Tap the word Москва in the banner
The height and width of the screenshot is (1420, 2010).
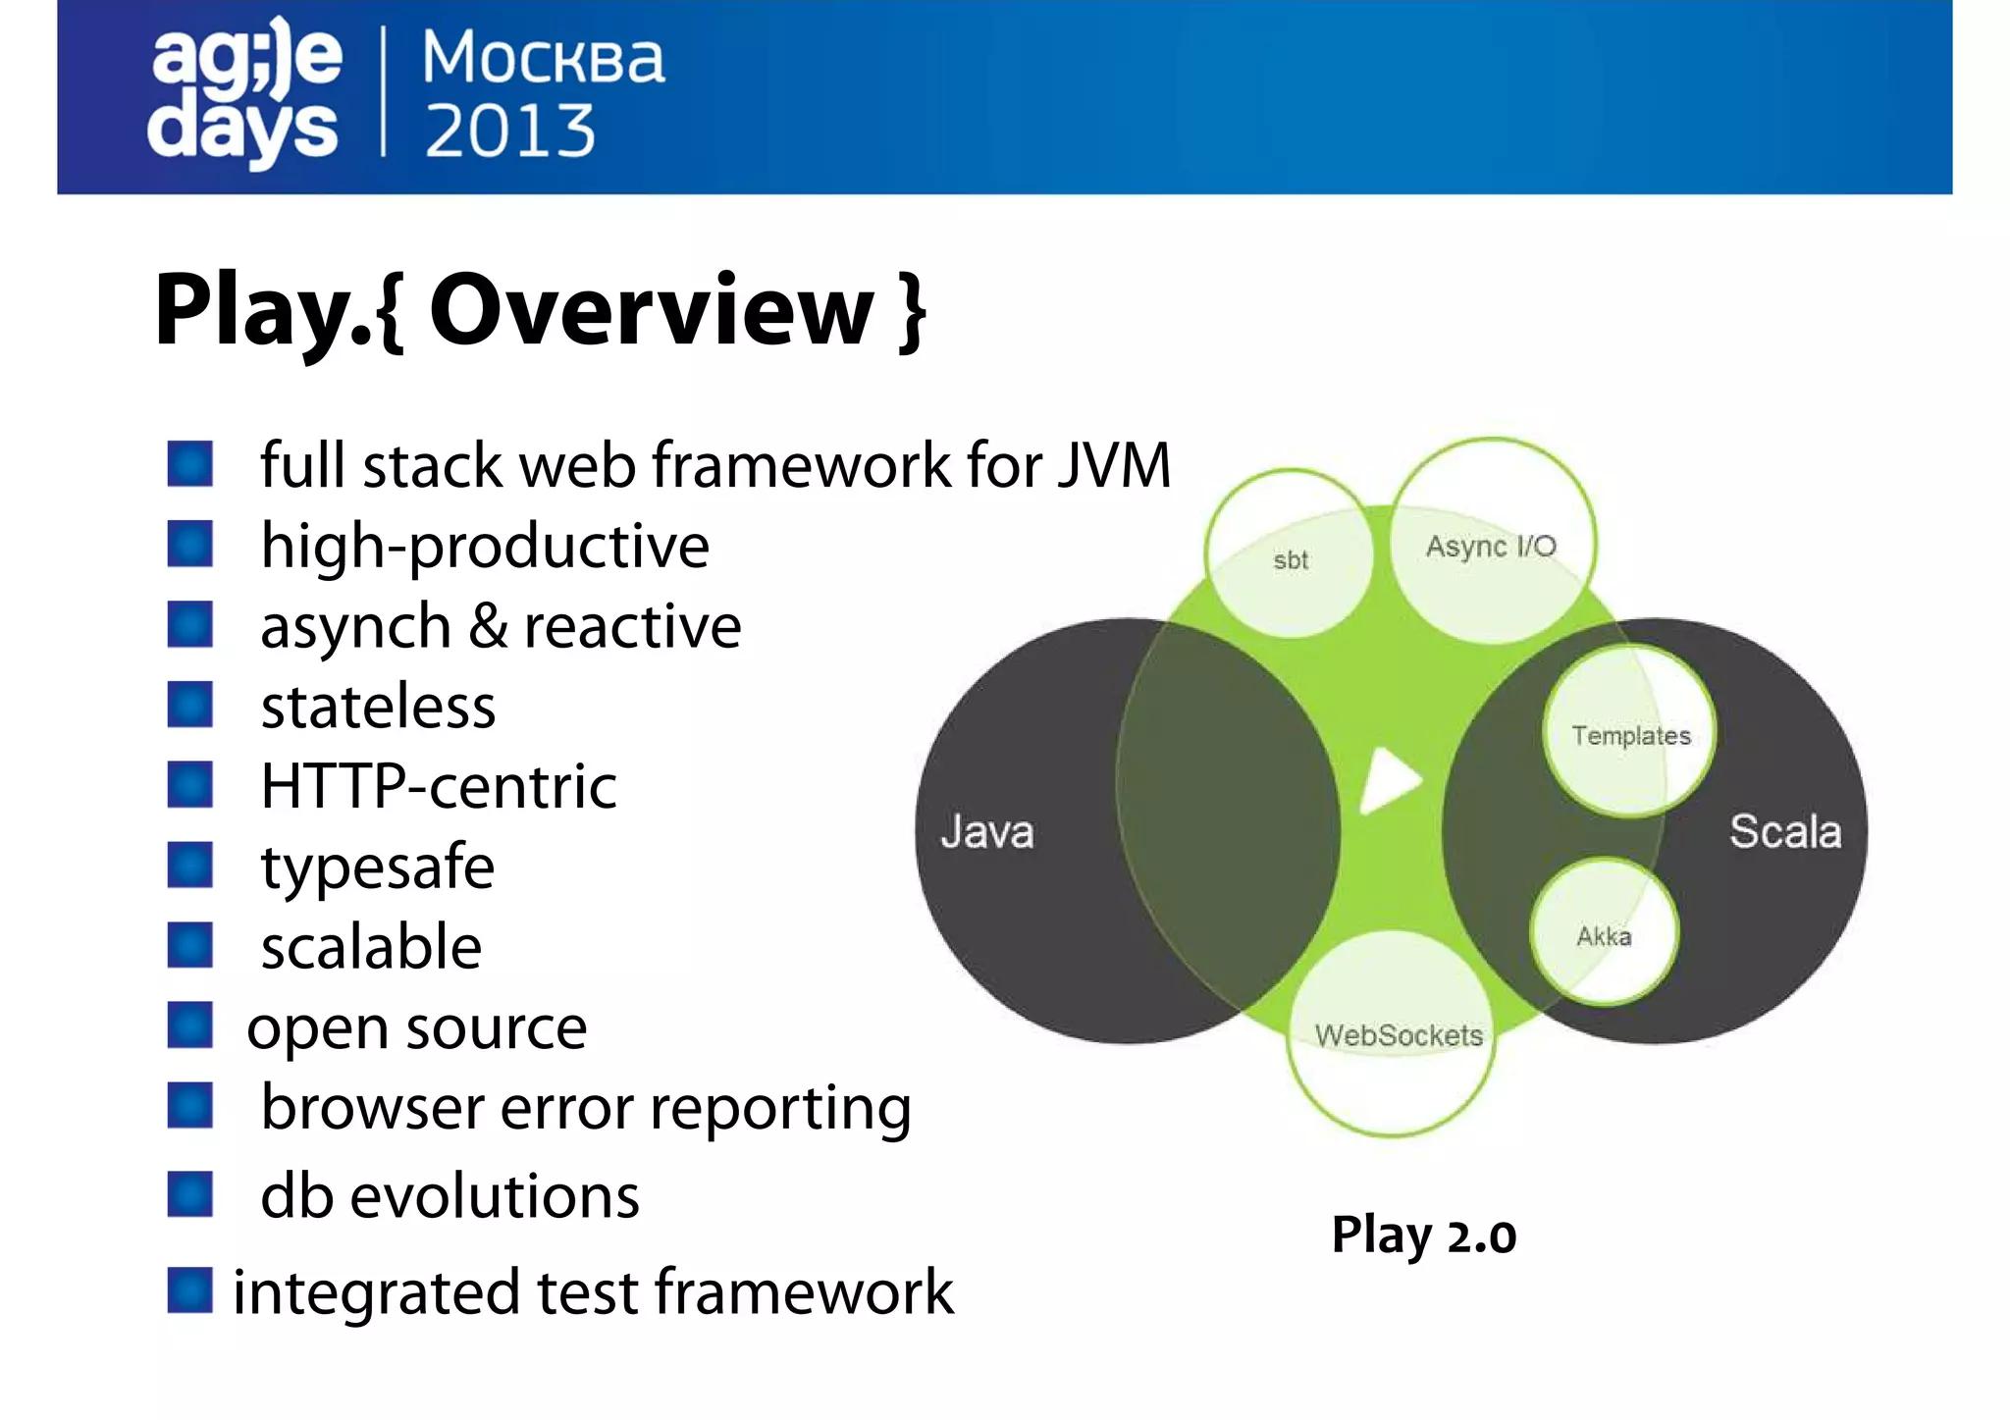543,58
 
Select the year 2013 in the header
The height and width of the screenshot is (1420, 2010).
509,131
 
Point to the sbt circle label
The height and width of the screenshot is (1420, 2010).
1290,560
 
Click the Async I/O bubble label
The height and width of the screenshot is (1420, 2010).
1490,547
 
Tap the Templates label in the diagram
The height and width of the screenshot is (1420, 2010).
1630,736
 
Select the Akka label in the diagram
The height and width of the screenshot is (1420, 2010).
1604,936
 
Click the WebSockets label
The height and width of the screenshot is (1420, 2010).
1398,1035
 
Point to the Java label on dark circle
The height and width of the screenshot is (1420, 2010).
986,832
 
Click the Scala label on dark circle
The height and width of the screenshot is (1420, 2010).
1783,831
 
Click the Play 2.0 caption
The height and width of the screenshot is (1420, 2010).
1423,1236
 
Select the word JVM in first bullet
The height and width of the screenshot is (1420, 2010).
1114,465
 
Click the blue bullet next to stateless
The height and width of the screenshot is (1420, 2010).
190,705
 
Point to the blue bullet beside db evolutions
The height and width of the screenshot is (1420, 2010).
190,1194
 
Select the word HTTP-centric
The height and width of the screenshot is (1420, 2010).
439,787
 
